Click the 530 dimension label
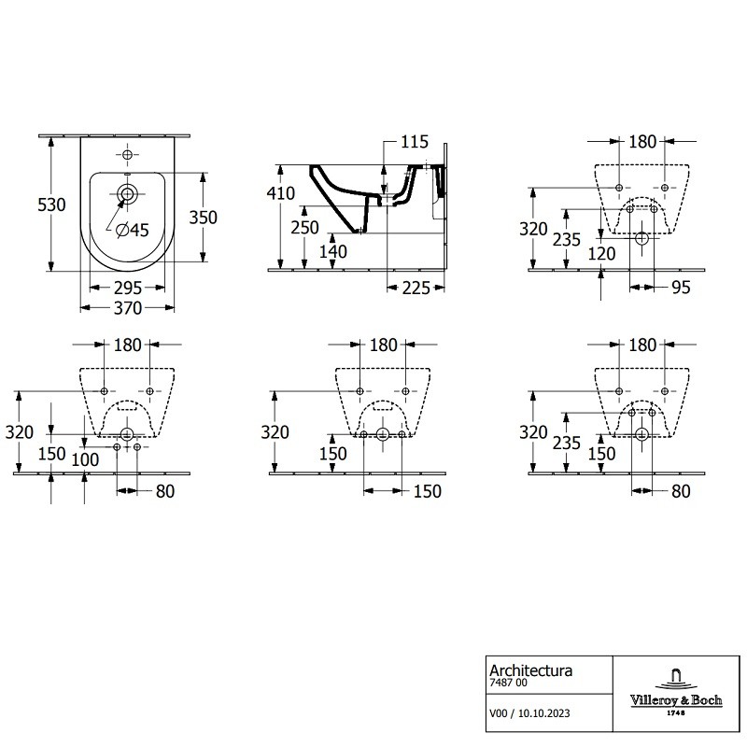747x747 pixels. (51, 204)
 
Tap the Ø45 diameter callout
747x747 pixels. (133, 230)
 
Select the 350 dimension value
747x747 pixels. (203, 218)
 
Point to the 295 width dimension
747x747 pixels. (128, 288)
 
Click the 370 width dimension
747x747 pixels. (128, 308)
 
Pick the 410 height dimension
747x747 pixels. (281, 193)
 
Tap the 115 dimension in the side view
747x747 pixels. (415, 142)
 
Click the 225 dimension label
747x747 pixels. (416, 288)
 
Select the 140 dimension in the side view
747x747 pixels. (333, 251)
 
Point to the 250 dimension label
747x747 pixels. (305, 228)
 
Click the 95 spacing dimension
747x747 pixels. (681, 288)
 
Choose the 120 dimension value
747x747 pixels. (601, 254)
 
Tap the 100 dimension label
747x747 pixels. (85, 459)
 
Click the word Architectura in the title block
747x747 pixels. (530, 670)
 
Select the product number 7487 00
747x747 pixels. (508, 683)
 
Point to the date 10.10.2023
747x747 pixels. (544, 713)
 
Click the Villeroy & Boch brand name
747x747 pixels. (676, 700)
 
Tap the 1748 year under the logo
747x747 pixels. (676, 713)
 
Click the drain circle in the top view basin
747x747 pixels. (127, 194)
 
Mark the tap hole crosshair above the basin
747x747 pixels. (127, 154)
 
